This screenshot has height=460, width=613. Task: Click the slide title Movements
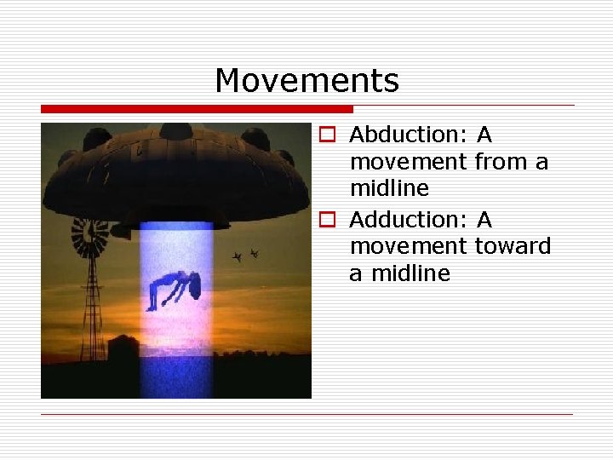(306, 81)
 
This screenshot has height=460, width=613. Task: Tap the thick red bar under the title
(197, 109)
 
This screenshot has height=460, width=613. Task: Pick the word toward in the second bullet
(513, 246)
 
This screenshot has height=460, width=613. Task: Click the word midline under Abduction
(389, 187)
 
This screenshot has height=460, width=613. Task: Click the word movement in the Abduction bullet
(408, 161)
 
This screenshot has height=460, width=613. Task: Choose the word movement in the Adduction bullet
(408, 246)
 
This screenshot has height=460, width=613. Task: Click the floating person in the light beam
(174, 290)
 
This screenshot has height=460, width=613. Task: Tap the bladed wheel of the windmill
(89, 237)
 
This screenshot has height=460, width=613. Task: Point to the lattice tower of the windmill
(91, 315)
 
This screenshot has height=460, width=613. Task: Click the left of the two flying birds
(238, 256)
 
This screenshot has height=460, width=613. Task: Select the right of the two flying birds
(254, 253)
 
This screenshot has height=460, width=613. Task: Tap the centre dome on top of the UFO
(175, 131)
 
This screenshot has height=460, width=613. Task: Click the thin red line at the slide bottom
(306, 414)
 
